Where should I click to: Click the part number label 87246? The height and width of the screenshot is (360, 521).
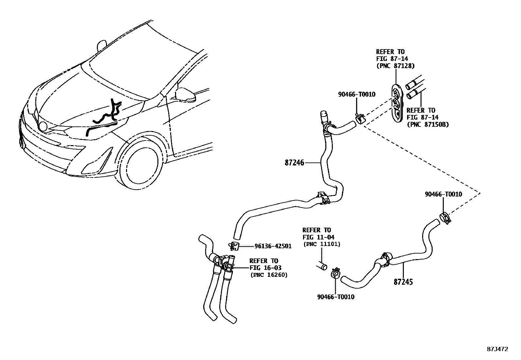tap(295, 162)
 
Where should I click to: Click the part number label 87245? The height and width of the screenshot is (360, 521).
tap(403, 282)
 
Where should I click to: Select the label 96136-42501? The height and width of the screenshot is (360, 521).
tap(273, 246)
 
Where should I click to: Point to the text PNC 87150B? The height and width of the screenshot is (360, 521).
tap(428, 124)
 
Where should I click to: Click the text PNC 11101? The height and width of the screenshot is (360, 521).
tap(322, 244)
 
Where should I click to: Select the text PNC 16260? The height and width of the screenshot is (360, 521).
tap(269, 275)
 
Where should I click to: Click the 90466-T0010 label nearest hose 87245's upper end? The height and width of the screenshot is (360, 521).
tap(443, 194)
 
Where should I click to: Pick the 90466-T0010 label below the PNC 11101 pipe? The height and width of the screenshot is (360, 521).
tap(335, 297)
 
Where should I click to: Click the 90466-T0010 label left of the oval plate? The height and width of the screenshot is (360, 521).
tap(356, 94)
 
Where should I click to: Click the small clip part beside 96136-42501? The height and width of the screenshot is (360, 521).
tap(234, 245)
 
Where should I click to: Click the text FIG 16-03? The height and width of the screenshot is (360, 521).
tap(265, 268)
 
